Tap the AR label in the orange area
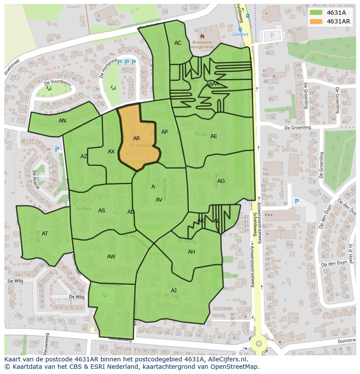pos(137,139)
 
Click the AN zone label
pos(62,121)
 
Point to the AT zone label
pos(45,234)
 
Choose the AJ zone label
pos(173,291)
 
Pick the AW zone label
pos(111,257)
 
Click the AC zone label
pos(178,43)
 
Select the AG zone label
pos(221,181)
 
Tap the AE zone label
pos(213,136)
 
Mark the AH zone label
pos(191,252)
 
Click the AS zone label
pos(102,211)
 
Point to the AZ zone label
pos(84,156)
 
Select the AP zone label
pos(164,132)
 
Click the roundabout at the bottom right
pos(259,343)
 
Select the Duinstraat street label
pos(343,342)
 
